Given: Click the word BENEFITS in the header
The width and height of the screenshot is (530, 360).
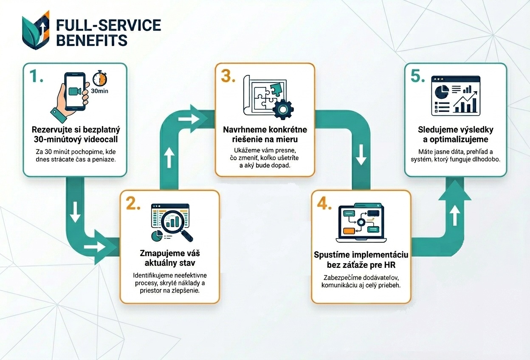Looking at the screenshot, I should click(92, 40).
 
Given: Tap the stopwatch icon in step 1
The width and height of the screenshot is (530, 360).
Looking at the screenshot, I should click(99, 79).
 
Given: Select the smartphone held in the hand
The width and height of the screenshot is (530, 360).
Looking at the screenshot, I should click(75, 91).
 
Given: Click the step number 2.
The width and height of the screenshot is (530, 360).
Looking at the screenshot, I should click(133, 203).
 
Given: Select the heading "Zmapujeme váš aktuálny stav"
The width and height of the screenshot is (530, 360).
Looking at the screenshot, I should click(170, 258).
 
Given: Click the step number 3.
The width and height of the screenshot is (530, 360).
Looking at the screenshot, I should click(228, 76).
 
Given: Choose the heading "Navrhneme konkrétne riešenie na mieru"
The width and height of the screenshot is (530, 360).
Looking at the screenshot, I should click(265, 134).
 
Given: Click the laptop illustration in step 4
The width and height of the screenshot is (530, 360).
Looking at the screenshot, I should click(361, 223).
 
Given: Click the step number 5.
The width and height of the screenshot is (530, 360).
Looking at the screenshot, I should click(418, 76).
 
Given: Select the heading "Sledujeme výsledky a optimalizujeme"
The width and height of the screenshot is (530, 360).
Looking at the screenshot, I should click(455, 134).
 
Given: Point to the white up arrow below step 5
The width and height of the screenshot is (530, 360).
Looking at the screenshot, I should click(455, 217).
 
